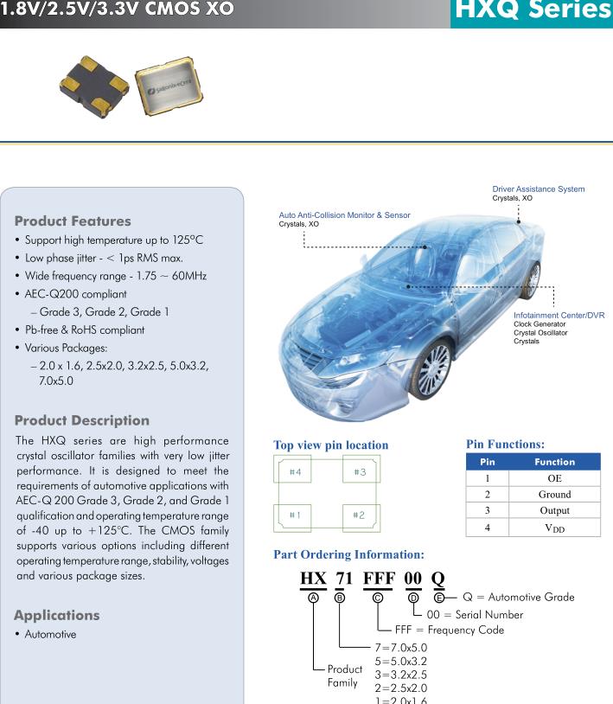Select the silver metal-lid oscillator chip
click(x=169, y=88)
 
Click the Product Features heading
click(x=73, y=221)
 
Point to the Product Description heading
click(x=82, y=420)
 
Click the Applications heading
click(x=57, y=615)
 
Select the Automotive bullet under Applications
click(x=50, y=635)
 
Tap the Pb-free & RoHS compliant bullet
click(x=85, y=330)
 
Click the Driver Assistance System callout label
click(x=538, y=189)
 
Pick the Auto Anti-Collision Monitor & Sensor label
click(x=344, y=215)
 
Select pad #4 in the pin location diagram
click(x=295, y=472)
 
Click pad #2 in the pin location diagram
click(x=360, y=515)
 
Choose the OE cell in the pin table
click(x=554, y=477)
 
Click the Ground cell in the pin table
click(x=554, y=494)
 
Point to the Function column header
click(x=554, y=462)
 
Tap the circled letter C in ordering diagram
click(x=378, y=598)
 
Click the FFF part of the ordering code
click(x=378, y=577)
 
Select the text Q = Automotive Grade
click(x=519, y=598)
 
